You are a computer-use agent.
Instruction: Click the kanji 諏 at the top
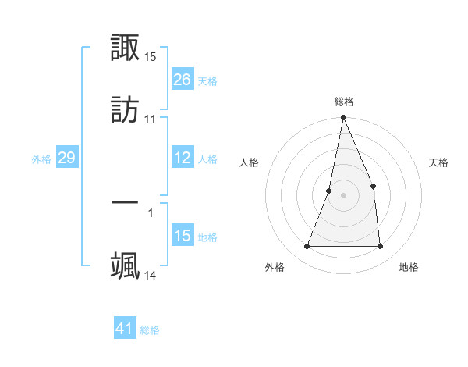pyautogui.click(x=126, y=48)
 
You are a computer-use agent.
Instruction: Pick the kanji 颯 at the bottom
pyautogui.click(x=126, y=264)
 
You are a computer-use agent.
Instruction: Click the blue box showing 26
pyautogui.click(x=183, y=80)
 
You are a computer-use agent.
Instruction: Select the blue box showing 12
pyautogui.click(x=183, y=158)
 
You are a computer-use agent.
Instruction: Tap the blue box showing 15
pyautogui.click(x=183, y=236)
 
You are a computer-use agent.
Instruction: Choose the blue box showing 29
pyautogui.click(x=66, y=158)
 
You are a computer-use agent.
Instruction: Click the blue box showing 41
pyautogui.click(x=125, y=329)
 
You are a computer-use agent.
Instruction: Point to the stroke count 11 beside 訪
pyautogui.click(x=150, y=119)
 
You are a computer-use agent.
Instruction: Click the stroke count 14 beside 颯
pyautogui.click(x=151, y=275)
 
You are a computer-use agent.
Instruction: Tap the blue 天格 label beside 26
pyautogui.click(x=207, y=81)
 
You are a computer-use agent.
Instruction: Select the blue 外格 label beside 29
pyautogui.click(x=41, y=159)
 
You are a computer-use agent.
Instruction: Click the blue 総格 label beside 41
pyautogui.click(x=150, y=330)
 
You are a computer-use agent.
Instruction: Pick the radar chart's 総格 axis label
pyautogui.click(x=344, y=102)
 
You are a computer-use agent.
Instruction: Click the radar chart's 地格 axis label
pyautogui.click(x=409, y=267)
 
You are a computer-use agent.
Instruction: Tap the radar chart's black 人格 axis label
pyautogui.click(x=250, y=162)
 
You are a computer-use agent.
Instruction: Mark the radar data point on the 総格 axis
pyautogui.click(x=343, y=118)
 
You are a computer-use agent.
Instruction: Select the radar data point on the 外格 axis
pyautogui.click(x=307, y=247)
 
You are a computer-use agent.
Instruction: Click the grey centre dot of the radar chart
pyautogui.click(x=343, y=195)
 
